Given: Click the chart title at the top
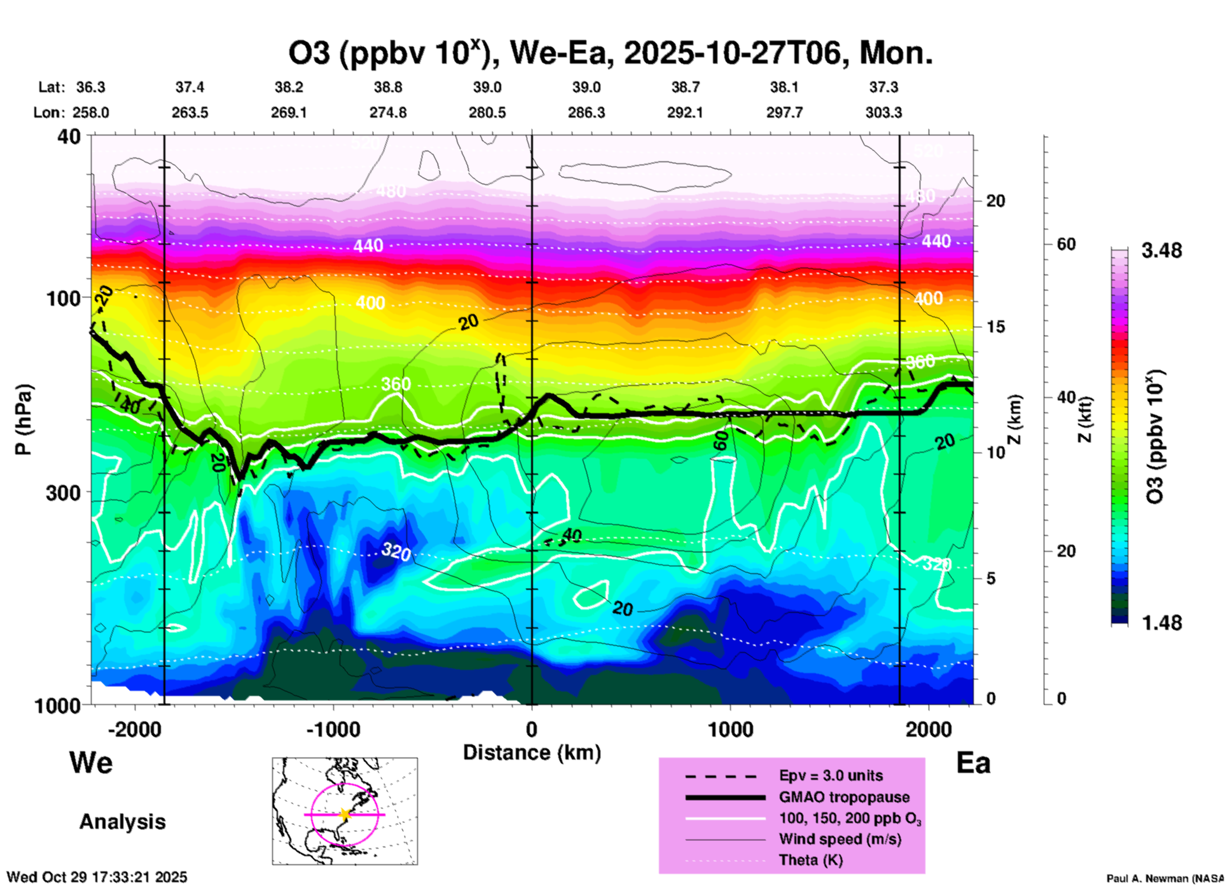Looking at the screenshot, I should [x=611, y=53].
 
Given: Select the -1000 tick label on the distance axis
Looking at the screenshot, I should [x=333, y=730].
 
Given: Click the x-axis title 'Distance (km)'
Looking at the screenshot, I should [x=532, y=753].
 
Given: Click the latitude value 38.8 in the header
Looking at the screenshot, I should [x=388, y=88].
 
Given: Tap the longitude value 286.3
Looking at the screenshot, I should [x=586, y=113].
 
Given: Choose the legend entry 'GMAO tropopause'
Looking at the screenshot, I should [x=844, y=797].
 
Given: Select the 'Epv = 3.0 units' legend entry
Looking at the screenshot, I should [x=831, y=776].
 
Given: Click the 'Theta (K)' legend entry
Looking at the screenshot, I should [x=810, y=861].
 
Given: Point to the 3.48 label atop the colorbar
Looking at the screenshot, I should [x=1161, y=251].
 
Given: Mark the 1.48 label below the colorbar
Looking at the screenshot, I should [x=1161, y=623].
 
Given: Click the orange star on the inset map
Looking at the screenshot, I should [x=345, y=814].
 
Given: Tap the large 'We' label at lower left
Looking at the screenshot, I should [x=91, y=763].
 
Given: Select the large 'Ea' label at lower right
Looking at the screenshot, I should [x=973, y=763].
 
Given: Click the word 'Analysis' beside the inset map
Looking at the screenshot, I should [x=122, y=822].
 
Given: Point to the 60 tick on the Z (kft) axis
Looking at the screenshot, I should [x=1066, y=245].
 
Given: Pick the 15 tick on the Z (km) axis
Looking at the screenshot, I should [x=995, y=327].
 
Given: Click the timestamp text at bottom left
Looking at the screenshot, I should [x=97, y=877].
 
